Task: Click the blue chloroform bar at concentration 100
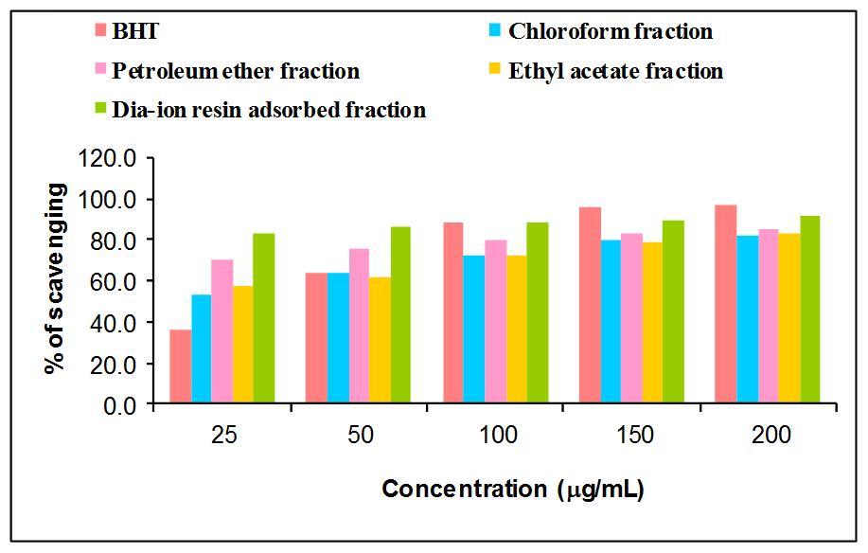coord(473,330)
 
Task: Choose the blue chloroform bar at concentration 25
coord(201,349)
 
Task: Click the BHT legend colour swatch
coord(101,31)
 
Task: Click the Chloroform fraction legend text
coord(610,31)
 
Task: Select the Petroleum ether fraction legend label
coord(236,71)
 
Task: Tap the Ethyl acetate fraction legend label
coord(615,71)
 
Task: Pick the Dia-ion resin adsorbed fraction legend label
coord(269,110)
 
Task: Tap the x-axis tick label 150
coord(632,436)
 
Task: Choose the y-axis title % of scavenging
coord(57,279)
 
